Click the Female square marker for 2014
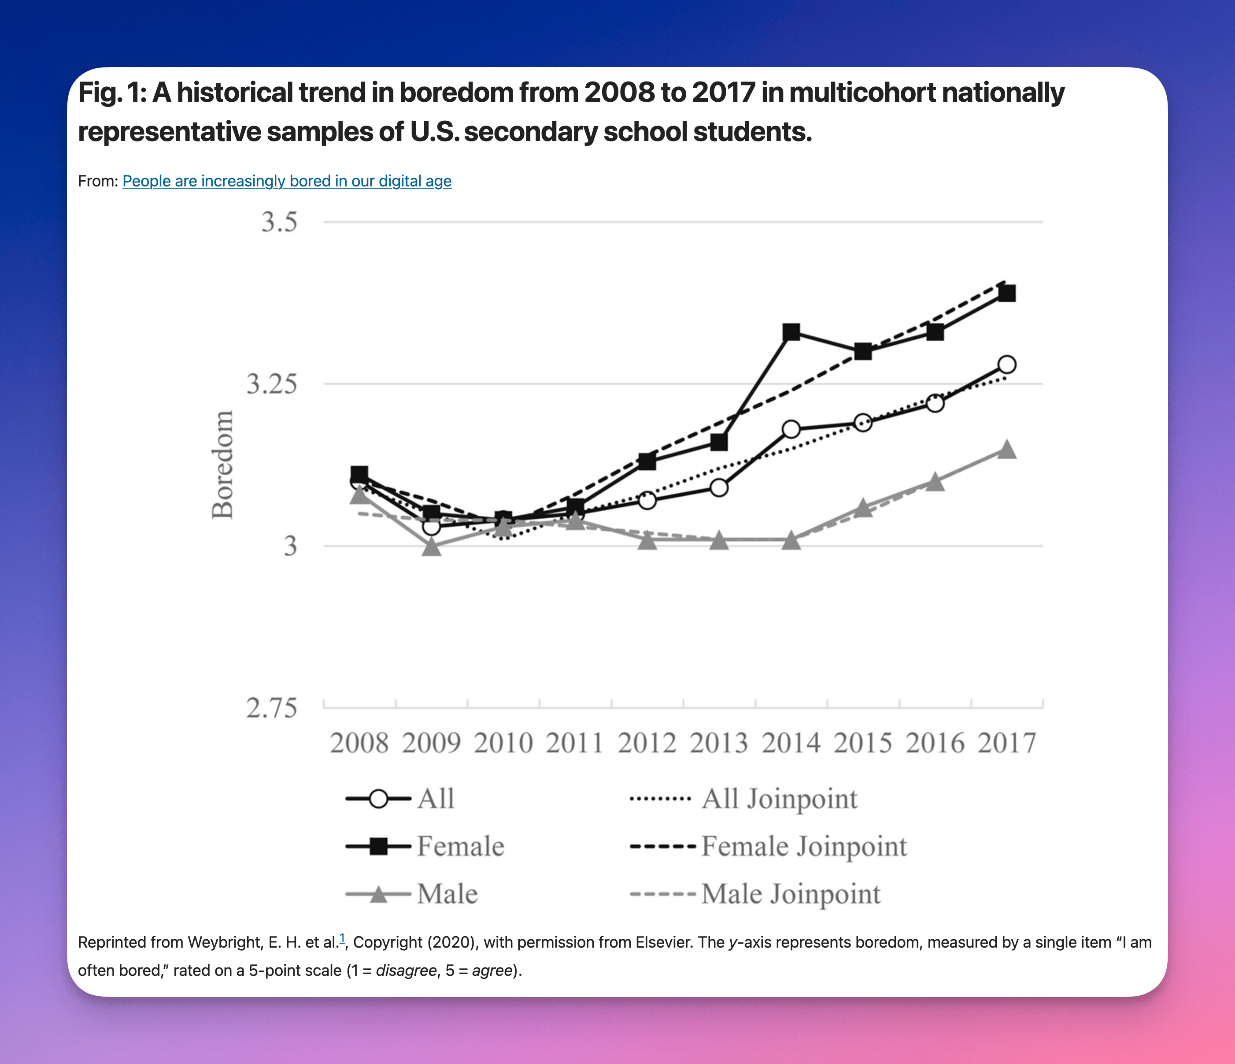click(x=791, y=332)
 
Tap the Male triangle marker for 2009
click(x=432, y=546)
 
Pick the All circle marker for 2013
click(x=719, y=488)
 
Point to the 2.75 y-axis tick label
click(x=272, y=708)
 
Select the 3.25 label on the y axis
click(x=272, y=383)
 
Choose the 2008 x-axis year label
click(x=359, y=743)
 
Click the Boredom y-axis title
click(x=223, y=465)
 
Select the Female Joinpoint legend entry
click(x=769, y=846)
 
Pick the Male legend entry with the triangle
click(x=412, y=894)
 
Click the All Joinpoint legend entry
click(x=744, y=799)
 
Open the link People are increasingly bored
click(x=287, y=181)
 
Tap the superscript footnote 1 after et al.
click(x=342, y=939)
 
